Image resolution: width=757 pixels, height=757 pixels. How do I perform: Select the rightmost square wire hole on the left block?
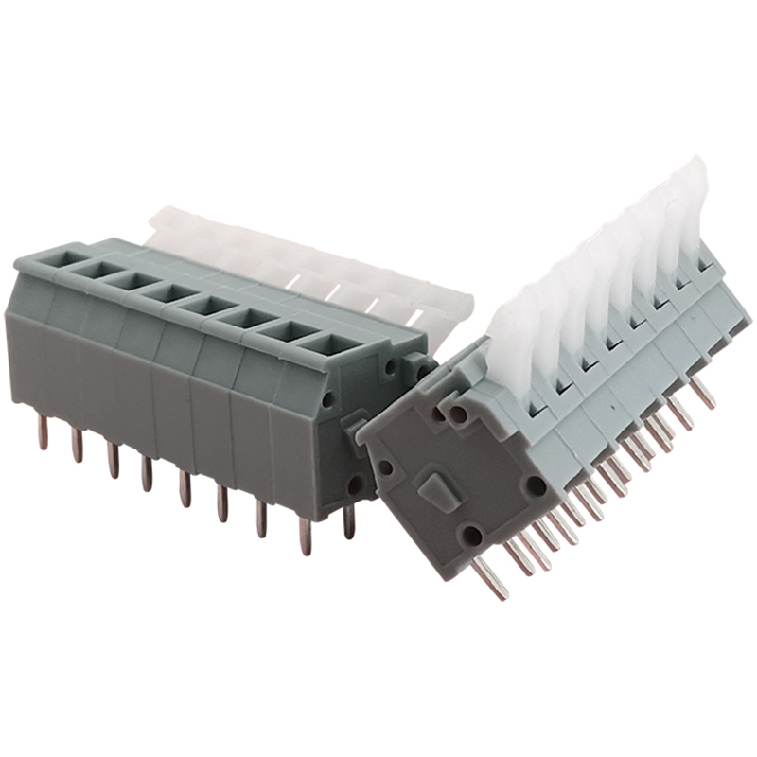click(323, 344)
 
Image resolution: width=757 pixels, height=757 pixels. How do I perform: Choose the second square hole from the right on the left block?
click(284, 331)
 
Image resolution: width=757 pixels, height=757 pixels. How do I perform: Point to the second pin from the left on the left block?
click(78, 445)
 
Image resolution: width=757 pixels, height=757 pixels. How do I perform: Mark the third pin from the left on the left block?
click(113, 459)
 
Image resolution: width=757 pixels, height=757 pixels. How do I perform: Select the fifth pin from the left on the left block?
click(185, 488)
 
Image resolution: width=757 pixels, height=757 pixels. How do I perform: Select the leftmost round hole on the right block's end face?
click(385, 467)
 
